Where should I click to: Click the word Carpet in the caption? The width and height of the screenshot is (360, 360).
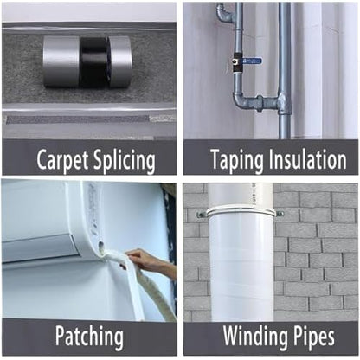tap(63, 160)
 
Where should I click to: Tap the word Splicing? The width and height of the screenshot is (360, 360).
tap(124, 160)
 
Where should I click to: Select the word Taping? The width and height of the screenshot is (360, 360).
tap(237, 160)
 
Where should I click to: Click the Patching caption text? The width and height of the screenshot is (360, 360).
tap(89, 337)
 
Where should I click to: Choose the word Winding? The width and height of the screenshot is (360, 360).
tap(255, 337)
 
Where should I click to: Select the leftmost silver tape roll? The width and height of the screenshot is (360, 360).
tap(61, 62)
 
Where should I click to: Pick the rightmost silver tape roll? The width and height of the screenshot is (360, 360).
tap(120, 62)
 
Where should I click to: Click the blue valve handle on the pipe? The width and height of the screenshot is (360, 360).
tap(251, 61)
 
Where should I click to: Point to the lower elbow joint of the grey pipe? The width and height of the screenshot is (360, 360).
tap(239, 101)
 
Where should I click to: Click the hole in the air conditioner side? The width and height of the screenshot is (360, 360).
tap(101, 246)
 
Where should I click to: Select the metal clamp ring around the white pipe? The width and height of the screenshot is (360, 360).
tap(240, 213)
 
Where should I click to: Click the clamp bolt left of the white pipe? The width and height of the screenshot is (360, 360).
tap(201, 214)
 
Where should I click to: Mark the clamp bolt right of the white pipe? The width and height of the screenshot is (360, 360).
tap(280, 214)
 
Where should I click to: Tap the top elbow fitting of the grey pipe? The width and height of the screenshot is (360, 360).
tap(223, 11)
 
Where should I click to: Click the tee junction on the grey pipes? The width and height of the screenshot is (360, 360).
tap(282, 102)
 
